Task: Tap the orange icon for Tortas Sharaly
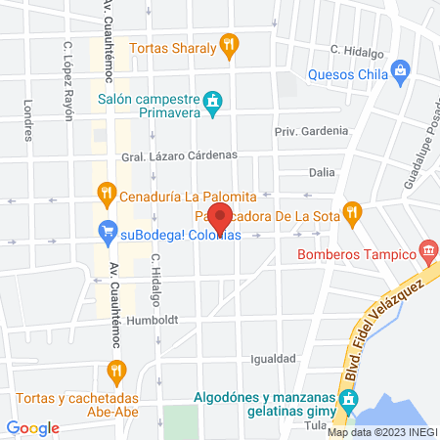point(230,43)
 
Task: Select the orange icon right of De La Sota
point(354,211)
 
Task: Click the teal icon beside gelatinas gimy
point(346,400)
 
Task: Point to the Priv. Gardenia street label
point(311,130)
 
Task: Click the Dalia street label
point(322,171)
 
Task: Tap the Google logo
point(33,427)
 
